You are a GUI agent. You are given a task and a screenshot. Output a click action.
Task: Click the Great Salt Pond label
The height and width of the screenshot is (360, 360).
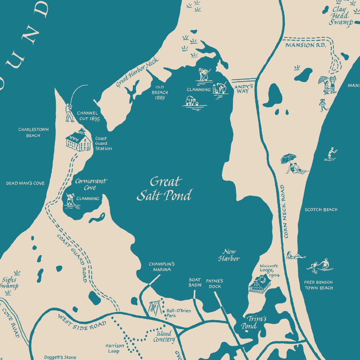164,189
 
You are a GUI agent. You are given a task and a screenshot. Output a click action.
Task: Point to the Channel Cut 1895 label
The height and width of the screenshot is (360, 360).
88,116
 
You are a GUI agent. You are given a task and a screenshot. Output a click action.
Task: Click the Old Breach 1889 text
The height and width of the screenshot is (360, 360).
160,92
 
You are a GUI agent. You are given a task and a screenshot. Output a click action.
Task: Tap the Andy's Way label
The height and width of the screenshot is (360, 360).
244,89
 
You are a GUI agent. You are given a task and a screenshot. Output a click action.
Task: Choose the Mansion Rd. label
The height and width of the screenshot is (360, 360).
306,45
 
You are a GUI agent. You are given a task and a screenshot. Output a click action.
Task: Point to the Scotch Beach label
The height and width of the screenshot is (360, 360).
321,209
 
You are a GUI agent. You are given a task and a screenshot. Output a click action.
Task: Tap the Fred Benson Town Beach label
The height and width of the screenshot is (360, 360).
318,285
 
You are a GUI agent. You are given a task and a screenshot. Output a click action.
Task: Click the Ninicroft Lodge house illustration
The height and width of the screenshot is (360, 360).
260,284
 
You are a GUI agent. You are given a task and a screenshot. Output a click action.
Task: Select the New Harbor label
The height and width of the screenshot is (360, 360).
229,255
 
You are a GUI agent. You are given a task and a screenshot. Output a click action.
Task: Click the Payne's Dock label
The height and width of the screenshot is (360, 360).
214,283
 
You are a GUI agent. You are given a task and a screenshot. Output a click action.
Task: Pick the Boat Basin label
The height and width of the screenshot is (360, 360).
195,282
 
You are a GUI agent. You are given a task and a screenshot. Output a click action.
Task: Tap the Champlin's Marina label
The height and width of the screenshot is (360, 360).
162,267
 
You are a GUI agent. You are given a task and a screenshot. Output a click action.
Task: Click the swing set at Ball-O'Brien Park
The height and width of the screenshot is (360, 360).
155,308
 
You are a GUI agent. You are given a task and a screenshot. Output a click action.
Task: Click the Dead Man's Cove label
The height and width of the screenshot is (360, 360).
25,183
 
